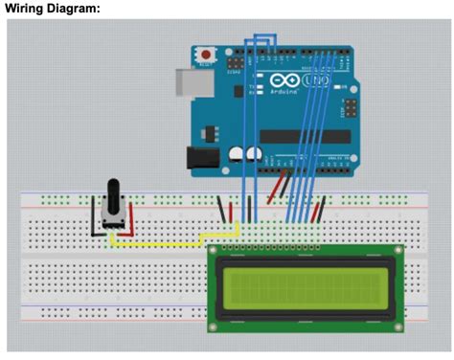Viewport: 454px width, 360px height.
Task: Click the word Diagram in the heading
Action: point(78,8)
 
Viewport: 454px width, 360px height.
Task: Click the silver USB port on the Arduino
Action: point(188,84)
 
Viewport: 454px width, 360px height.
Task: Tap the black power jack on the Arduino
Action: point(200,156)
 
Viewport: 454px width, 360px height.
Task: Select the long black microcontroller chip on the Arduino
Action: point(306,136)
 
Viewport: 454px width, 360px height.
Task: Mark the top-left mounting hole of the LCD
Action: point(216,253)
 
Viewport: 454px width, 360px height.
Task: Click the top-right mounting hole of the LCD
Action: point(397,253)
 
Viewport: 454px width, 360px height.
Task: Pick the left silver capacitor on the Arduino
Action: point(236,154)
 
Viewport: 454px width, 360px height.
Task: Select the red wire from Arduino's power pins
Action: point(280,184)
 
